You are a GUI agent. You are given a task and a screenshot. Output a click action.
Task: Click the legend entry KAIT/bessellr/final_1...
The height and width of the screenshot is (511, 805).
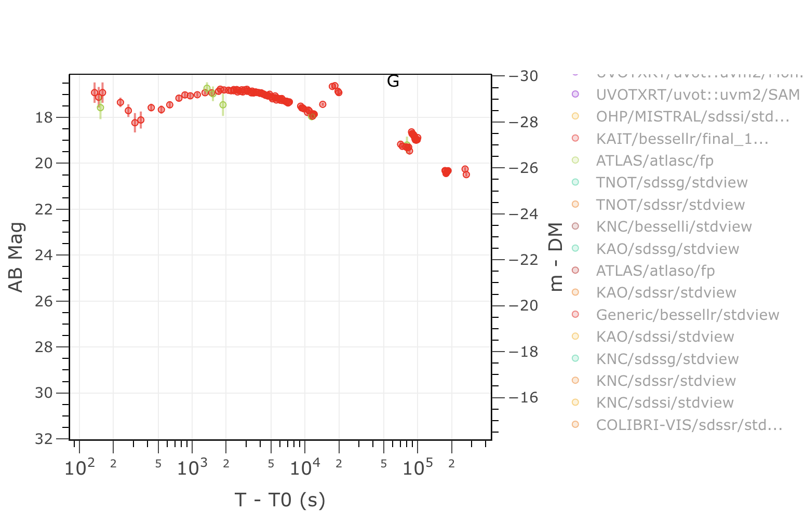click(x=682, y=139)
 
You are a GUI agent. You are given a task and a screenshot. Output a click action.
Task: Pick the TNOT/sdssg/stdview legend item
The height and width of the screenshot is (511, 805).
click(x=672, y=183)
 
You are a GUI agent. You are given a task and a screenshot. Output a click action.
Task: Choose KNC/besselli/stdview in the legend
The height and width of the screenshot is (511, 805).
click(x=674, y=227)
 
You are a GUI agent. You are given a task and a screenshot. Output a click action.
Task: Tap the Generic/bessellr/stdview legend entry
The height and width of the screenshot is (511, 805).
click(x=687, y=315)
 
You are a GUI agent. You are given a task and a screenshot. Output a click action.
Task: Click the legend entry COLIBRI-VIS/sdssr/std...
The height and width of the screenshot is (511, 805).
click(x=689, y=425)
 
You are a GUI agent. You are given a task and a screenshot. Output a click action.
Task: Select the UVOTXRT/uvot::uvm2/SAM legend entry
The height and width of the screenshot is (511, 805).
click(x=697, y=95)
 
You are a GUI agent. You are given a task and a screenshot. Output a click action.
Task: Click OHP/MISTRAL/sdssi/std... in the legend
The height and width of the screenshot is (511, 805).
click(x=692, y=117)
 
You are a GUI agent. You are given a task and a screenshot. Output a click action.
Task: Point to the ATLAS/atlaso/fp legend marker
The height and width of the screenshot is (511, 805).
click(x=575, y=271)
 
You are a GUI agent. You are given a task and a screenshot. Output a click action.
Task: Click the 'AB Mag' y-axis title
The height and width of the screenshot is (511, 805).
click(x=16, y=258)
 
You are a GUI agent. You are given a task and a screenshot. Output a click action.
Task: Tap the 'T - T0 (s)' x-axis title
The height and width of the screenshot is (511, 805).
click(x=280, y=500)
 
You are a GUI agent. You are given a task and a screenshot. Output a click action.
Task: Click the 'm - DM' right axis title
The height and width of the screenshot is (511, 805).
click(x=556, y=258)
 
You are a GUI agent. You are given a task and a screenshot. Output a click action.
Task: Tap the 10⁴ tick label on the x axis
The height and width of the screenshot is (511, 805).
click(x=305, y=468)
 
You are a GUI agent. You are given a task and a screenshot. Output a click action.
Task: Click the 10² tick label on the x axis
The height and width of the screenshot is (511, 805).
click(x=79, y=468)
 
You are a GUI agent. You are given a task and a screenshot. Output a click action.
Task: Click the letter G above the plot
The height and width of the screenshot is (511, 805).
click(x=393, y=81)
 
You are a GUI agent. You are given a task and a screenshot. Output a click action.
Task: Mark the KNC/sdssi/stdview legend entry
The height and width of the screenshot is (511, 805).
click(x=665, y=403)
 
